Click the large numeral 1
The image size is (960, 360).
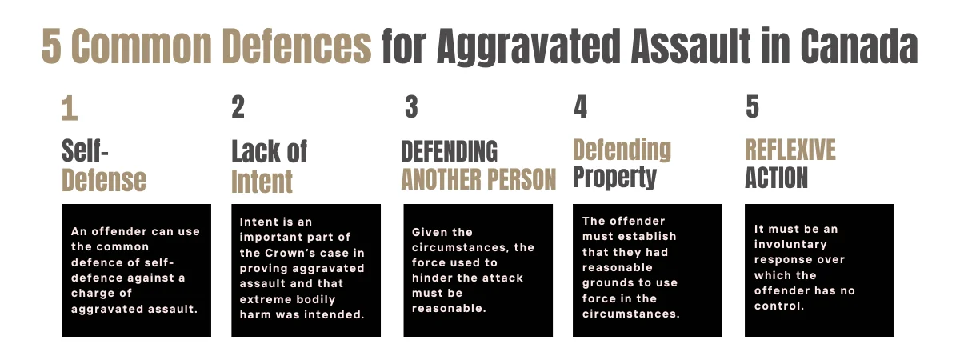tap(70, 109)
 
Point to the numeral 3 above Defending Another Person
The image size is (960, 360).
tap(411, 107)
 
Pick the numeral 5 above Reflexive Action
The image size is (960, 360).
tap(752, 107)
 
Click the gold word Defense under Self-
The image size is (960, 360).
tap(104, 180)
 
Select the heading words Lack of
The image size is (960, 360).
tap(270, 151)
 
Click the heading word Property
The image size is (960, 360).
tap(614, 177)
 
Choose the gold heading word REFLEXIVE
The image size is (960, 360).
tap(790, 150)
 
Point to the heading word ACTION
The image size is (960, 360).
tap(776, 178)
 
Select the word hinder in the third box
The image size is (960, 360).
tap(432, 277)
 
